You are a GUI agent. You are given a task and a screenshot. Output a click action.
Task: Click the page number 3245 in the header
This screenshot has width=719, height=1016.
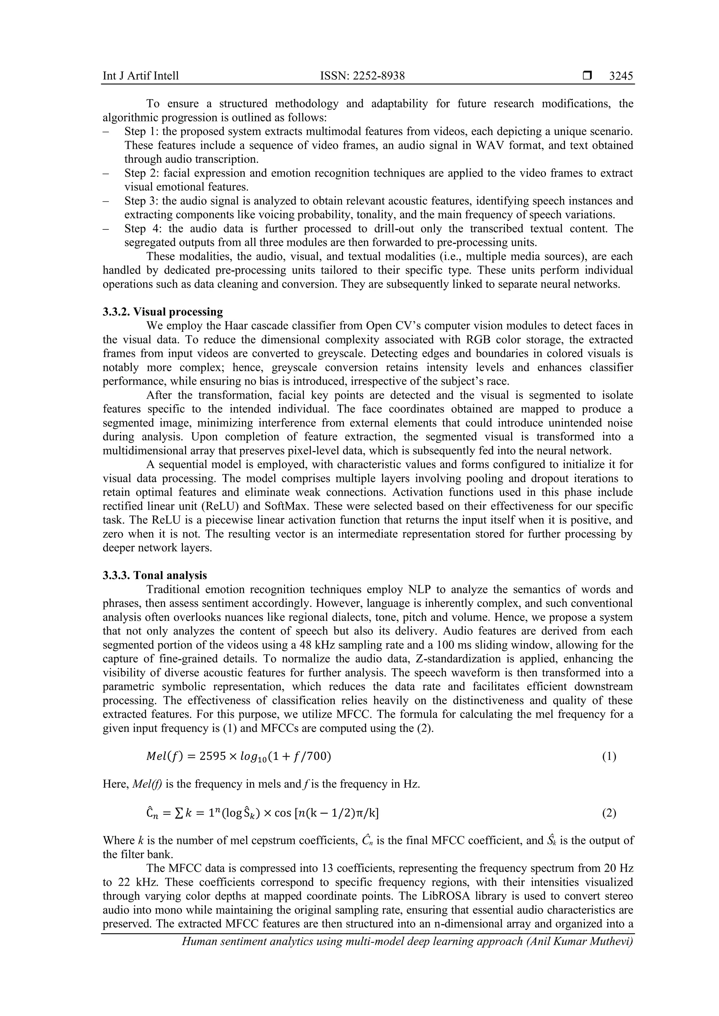[621, 76]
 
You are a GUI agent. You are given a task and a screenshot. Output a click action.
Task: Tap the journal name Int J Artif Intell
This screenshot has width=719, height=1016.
[141, 76]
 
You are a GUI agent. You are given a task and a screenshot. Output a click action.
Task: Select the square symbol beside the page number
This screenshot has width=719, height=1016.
[587, 76]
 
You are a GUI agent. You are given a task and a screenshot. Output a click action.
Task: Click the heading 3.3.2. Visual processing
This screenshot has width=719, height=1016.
[163, 312]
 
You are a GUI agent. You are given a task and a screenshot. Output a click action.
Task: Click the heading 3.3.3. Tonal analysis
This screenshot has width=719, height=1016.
[154, 575]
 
